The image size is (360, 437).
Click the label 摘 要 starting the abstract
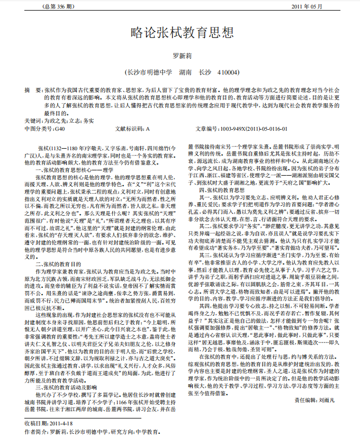click(x=33, y=90)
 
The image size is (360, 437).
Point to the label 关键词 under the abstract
click(x=33, y=121)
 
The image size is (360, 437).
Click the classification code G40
click(x=59, y=129)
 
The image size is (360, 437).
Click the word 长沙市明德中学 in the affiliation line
click(x=148, y=71)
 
